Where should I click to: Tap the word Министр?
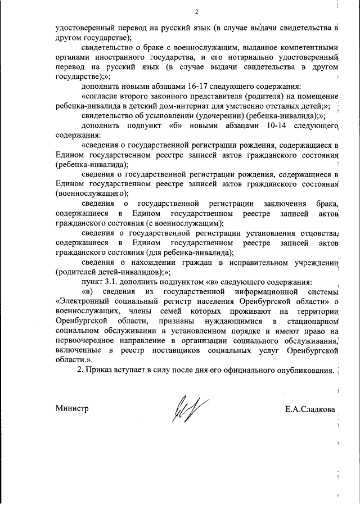coord(73,408)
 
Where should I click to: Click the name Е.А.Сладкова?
coord(310,408)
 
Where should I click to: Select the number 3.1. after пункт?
coord(112,281)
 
